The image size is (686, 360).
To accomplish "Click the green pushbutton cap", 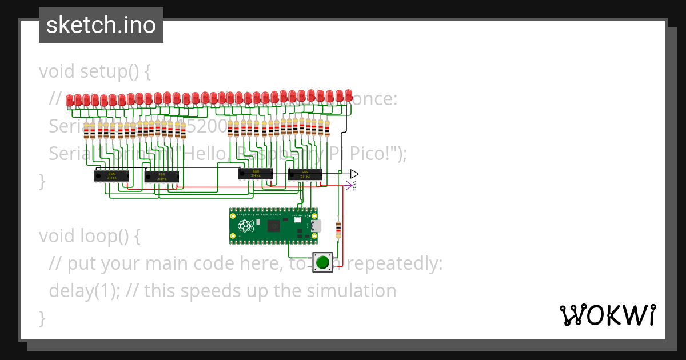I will (323, 262).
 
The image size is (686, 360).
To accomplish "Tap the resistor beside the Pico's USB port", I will (338, 229).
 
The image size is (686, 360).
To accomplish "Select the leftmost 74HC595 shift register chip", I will (111, 177).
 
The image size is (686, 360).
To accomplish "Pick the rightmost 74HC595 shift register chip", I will (305, 174).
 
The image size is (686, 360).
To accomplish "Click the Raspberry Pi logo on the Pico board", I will (246, 226).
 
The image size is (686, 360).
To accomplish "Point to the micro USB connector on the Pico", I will (316, 226).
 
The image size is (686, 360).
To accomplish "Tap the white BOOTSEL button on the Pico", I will (297, 219).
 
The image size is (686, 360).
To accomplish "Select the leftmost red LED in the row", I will (70, 101).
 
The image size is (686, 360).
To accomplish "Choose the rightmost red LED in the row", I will (349, 95).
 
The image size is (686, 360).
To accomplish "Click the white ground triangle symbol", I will (354, 173).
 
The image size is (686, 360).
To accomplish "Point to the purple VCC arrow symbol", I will (349, 185).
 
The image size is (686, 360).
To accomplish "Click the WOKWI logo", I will (607, 315).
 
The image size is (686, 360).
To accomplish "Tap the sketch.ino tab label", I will (101, 25).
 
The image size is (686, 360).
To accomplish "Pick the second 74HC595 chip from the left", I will (162, 177).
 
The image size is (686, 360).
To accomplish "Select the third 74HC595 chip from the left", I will (255, 173).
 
